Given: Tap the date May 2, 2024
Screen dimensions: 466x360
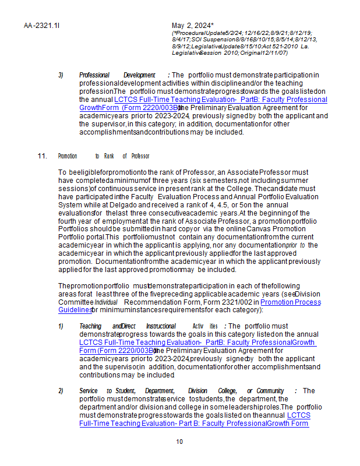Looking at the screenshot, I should tap(193, 26).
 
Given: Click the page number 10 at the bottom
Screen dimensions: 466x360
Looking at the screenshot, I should tap(179, 442).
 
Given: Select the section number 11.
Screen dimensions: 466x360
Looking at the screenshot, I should tap(42, 156).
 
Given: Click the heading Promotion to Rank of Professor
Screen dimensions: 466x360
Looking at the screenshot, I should tap(104, 156).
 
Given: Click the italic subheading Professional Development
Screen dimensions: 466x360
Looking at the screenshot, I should tap(117, 75).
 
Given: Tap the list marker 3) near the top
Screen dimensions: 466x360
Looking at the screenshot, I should tap(61, 75).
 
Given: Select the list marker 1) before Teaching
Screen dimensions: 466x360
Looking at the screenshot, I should tap(61, 326).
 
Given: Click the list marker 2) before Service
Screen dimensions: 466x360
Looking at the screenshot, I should tap(61, 391).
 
